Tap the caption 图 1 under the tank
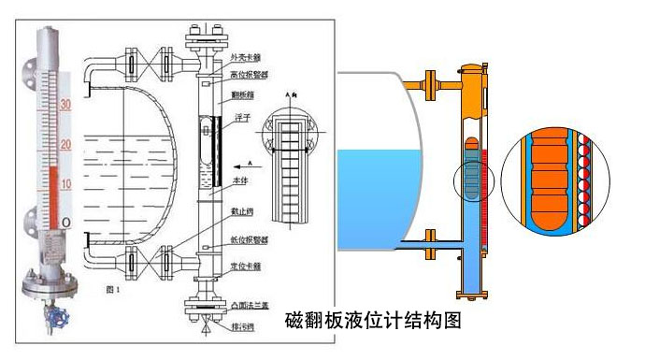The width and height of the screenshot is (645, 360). [113, 290]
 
